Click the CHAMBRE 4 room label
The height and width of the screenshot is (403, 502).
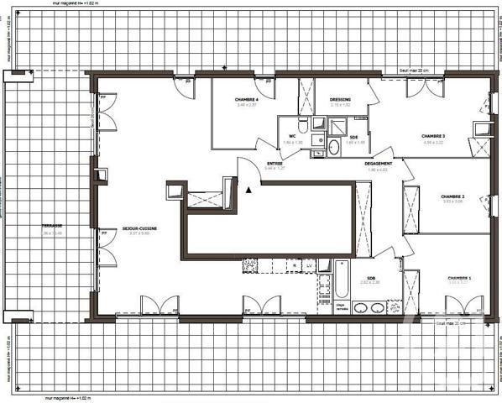247,100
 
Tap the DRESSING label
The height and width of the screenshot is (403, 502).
340,100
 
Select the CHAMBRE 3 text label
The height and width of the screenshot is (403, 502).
433,136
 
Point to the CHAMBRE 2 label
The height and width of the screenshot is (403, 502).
452,197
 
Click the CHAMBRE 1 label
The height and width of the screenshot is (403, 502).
458,278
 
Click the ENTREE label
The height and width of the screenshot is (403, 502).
275,164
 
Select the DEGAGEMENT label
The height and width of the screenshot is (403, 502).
378,164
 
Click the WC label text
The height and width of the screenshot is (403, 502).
293,136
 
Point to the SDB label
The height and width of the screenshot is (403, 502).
370,278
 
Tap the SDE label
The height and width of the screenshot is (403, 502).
354,137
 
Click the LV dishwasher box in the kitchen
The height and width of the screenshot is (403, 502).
310,266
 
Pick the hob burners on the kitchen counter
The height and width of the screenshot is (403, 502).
249,266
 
